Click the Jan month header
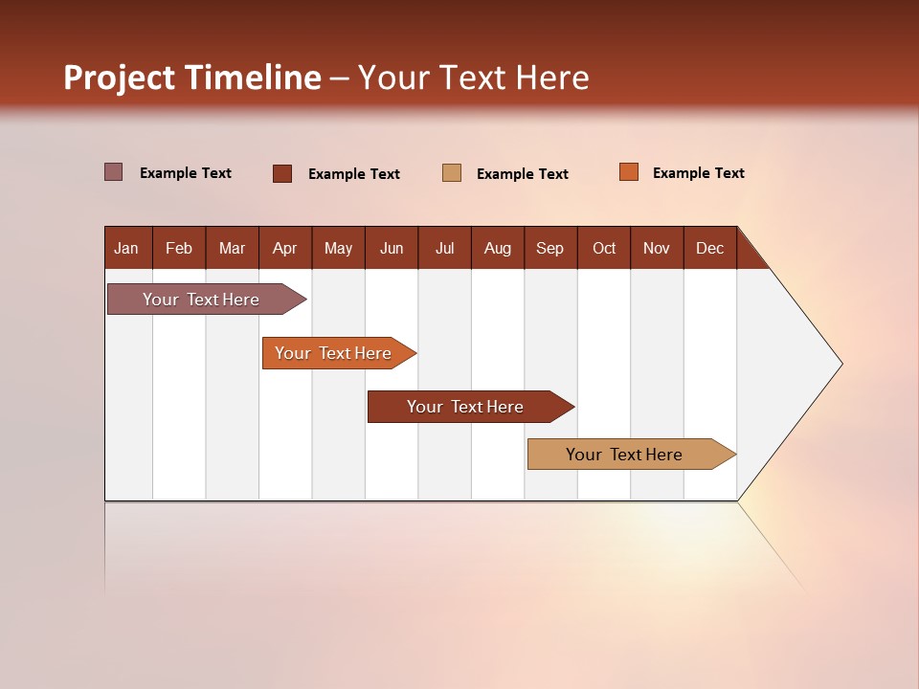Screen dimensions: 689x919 point(126,248)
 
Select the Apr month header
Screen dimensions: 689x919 point(284,248)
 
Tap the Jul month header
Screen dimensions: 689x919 point(444,248)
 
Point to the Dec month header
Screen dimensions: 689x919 point(709,248)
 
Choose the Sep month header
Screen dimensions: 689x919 point(549,248)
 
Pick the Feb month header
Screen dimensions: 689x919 point(179,248)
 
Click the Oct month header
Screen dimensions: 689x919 point(604,248)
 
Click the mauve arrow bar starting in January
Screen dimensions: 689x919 point(201,300)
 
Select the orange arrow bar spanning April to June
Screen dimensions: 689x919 point(333,353)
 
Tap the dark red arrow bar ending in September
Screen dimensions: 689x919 point(465,407)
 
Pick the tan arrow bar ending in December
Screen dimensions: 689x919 point(624,455)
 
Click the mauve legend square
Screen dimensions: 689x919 point(113,172)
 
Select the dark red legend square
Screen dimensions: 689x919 point(282,173)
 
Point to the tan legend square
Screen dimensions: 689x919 point(452,173)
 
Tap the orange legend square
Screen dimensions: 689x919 point(628,172)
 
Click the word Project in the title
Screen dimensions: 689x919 point(119,78)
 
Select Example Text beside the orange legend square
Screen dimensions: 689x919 point(698,173)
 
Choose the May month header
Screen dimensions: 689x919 point(338,248)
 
